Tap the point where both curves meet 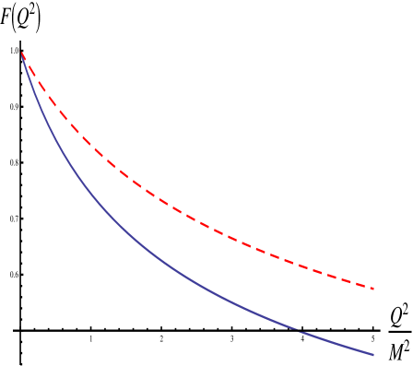(21, 53)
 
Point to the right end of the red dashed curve (373, 289)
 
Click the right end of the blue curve (373, 354)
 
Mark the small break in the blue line (297, 329)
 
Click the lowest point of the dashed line (373, 289)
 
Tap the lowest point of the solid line (373, 354)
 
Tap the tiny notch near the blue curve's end (297, 329)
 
